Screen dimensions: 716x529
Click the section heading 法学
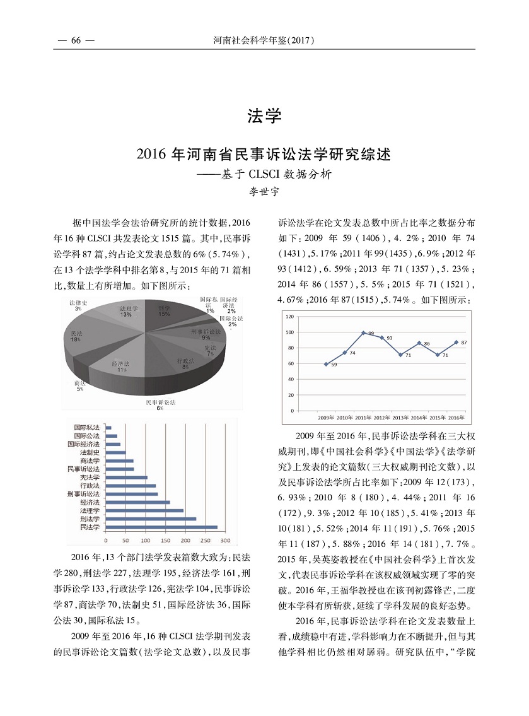[x=264, y=116]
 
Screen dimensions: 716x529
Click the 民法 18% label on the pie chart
[x=77, y=336]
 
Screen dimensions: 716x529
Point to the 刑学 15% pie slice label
[x=165, y=310]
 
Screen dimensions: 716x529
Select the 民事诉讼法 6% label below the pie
[x=161, y=405]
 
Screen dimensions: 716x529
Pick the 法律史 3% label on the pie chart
[x=78, y=305]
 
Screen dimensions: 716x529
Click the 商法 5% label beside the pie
[x=79, y=386]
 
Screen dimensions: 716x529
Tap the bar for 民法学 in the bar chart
[x=161, y=527]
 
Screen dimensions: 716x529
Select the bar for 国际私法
[x=108, y=428]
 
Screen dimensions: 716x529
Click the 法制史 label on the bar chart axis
[x=89, y=453]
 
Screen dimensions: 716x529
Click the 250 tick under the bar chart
[x=206, y=541]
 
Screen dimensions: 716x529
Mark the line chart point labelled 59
[x=326, y=364]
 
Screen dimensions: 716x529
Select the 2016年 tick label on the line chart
[x=456, y=418]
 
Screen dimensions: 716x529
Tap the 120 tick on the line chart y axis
[x=290, y=316]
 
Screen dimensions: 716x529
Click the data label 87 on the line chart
[x=464, y=343]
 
